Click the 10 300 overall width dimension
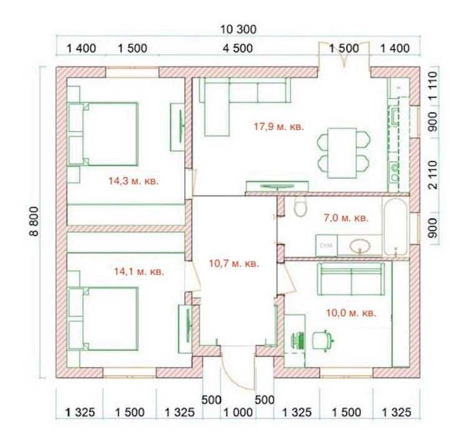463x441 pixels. (x=238, y=29)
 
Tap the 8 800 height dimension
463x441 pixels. (x=34, y=221)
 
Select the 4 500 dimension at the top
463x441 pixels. (x=238, y=49)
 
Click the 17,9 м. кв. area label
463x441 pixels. (x=279, y=127)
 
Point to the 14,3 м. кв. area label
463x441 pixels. (x=134, y=181)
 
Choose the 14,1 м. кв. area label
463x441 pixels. (x=139, y=271)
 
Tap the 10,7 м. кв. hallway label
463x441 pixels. (x=234, y=263)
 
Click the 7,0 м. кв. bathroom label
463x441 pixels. (x=346, y=218)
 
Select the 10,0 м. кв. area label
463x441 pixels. (x=351, y=313)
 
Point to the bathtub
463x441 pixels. (x=396, y=227)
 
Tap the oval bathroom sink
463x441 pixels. (x=360, y=245)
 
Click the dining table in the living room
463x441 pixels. (x=342, y=153)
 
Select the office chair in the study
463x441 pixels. (x=323, y=340)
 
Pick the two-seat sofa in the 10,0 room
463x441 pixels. (x=351, y=279)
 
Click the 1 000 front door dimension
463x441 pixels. (x=238, y=412)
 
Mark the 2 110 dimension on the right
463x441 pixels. (x=433, y=175)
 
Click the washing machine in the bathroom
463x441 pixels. (x=326, y=245)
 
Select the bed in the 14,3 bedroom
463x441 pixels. (x=103, y=134)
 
